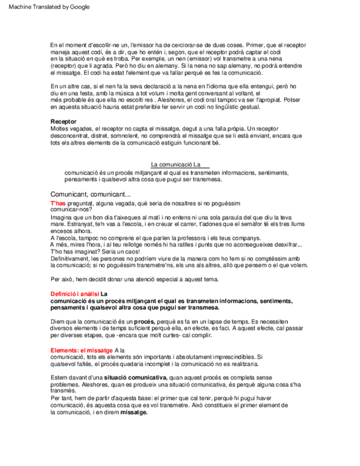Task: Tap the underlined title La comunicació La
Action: (x=180, y=165)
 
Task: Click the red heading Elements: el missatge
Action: (x=82, y=350)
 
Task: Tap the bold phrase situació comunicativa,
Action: (x=135, y=378)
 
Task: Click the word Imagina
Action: (x=62, y=217)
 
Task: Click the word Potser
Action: (x=291, y=100)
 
